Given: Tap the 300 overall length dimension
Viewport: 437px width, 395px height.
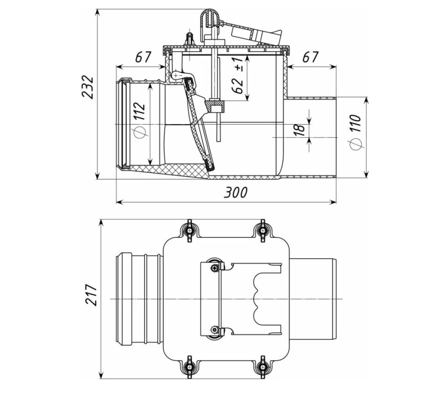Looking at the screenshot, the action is tap(235, 192).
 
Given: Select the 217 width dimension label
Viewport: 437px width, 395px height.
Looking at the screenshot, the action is tap(91, 295).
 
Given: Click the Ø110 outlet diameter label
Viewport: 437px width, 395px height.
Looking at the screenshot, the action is tap(355, 132).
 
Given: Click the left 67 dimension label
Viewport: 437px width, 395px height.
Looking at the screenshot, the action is tap(143, 57).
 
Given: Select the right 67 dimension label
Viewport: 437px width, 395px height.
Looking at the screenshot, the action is tap(310, 57).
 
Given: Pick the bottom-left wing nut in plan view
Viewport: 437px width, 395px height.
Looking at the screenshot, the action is tap(189, 367).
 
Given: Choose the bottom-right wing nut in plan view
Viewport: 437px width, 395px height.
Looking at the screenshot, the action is tap(262, 367).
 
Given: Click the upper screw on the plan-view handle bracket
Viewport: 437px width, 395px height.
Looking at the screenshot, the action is tap(214, 268).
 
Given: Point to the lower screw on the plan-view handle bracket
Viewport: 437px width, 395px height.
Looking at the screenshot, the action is tap(214, 330).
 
